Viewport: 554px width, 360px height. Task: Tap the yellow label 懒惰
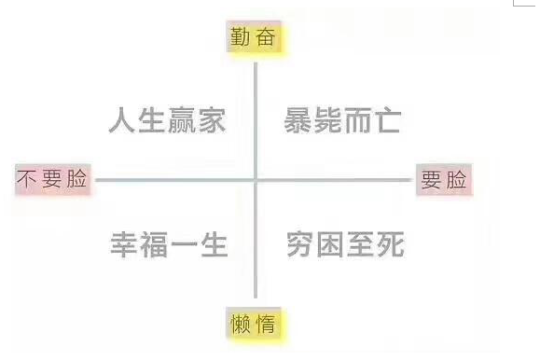tap(256, 324)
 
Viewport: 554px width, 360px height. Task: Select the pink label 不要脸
tap(53, 179)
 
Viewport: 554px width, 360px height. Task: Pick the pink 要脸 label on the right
tap(444, 179)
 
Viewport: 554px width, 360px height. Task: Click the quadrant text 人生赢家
tap(167, 120)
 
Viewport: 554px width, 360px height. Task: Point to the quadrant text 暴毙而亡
tap(342, 120)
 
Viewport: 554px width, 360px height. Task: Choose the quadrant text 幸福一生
tap(169, 245)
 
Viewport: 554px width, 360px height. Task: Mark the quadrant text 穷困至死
tap(345, 244)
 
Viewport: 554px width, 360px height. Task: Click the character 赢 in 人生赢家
tap(182, 120)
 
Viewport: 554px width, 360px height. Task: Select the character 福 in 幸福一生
tap(154, 245)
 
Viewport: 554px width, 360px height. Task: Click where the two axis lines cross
tap(256, 179)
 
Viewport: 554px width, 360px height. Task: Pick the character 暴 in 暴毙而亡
tap(298, 120)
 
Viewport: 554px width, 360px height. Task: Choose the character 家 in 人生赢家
tap(212, 120)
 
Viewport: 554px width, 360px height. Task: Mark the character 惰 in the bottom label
tap(270, 324)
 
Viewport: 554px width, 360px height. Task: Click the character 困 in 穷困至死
tap(330, 244)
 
